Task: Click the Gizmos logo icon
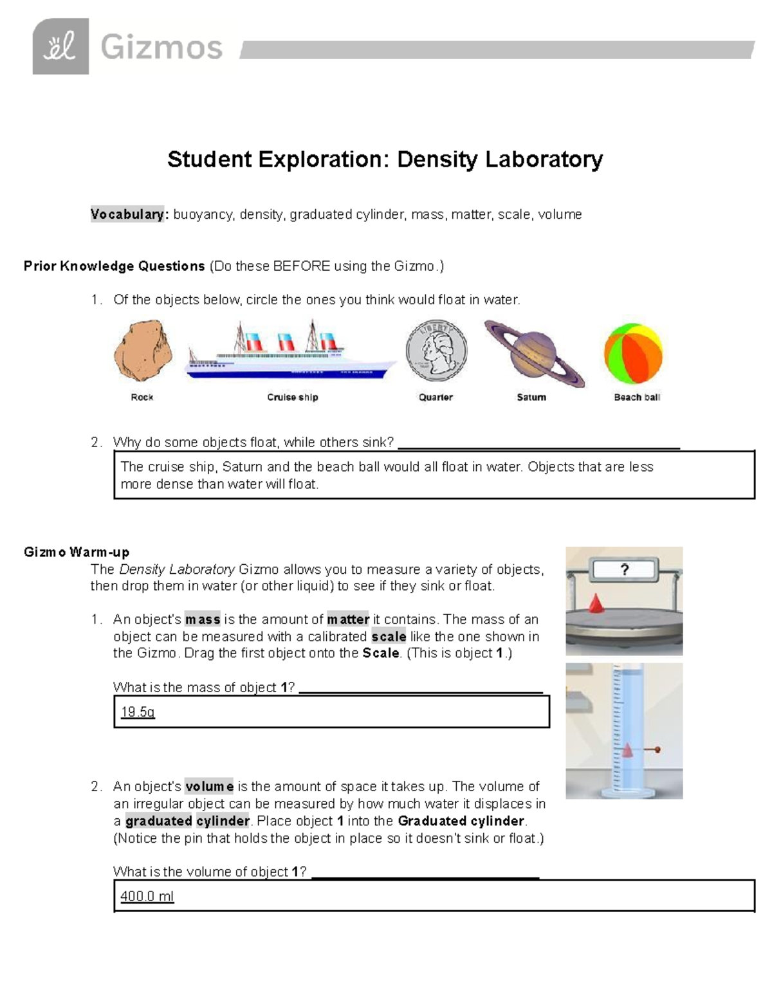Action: (x=60, y=46)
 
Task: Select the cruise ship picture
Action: (x=291, y=354)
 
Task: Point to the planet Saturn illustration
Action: (x=534, y=353)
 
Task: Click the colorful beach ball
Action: (x=633, y=354)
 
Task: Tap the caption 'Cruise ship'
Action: (x=293, y=398)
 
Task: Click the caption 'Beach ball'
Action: (x=637, y=398)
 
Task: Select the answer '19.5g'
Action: (x=138, y=712)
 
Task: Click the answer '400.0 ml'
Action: (x=147, y=896)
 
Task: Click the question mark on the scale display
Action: (x=623, y=569)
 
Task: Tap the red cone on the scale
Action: (x=596, y=603)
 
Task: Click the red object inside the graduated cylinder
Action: (x=628, y=750)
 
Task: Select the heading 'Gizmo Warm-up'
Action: (x=77, y=552)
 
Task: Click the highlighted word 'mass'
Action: (x=203, y=619)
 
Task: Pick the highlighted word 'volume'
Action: (x=209, y=786)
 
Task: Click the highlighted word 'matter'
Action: (x=348, y=619)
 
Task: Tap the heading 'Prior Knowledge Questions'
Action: (x=114, y=266)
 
